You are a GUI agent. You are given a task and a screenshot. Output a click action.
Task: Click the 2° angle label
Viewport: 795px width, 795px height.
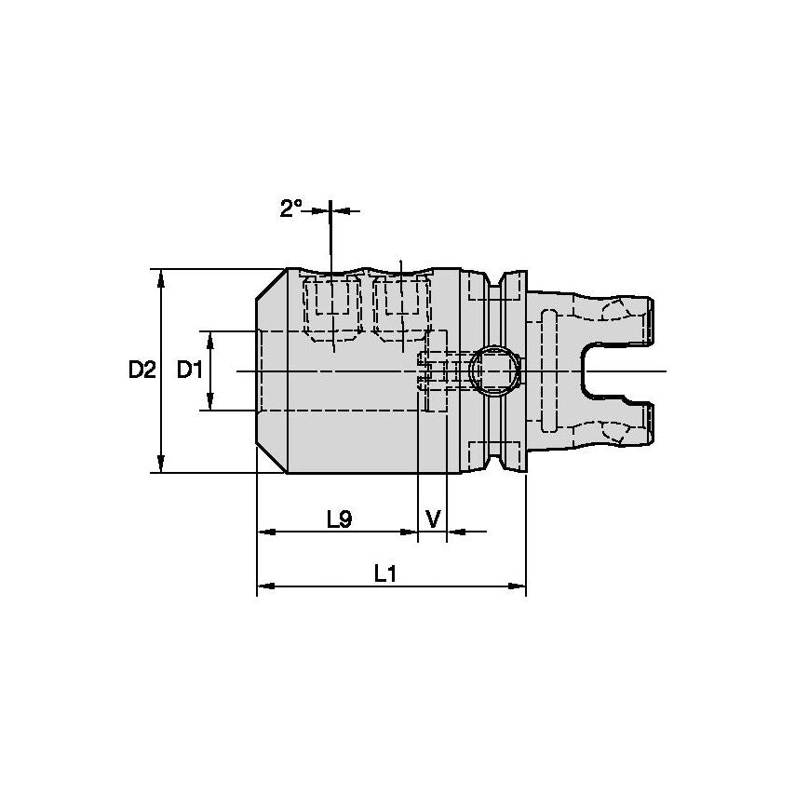click(x=290, y=209)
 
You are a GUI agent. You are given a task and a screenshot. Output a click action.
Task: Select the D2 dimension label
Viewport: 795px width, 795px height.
click(x=141, y=371)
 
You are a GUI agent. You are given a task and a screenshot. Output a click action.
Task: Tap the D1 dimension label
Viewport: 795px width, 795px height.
click(x=190, y=371)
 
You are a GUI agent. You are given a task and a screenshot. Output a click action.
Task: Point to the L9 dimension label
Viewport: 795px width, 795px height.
click(x=339, y=519)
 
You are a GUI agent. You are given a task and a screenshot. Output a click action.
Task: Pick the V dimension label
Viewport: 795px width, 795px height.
click(x=433, y=518)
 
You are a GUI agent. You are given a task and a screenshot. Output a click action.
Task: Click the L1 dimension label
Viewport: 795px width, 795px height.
click(x=385, y=573)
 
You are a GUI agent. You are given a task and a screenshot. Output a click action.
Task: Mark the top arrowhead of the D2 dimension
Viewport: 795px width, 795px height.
click(x=161, y=276)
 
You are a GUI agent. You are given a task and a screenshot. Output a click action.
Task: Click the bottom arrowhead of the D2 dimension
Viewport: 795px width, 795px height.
click(x=161, y=465)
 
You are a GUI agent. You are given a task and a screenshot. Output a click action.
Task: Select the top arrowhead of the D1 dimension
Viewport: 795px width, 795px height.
click(x=209, y=336)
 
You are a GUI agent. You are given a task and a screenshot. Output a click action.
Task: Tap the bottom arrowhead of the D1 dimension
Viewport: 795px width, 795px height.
click(x=209, y=404)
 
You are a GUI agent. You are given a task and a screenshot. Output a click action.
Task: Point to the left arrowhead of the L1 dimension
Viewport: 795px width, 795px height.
click(x=263, y=586)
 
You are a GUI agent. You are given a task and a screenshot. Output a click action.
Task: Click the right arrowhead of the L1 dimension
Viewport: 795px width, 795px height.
click(x=519, y=586)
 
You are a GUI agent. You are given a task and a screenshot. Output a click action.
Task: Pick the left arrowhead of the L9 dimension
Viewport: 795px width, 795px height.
click(x=263, y=532)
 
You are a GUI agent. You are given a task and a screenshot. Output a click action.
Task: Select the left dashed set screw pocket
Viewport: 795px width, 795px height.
click(x=332, y=303)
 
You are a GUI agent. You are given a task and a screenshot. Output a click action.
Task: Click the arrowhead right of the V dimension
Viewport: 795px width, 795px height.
click(x=454, y=532)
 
